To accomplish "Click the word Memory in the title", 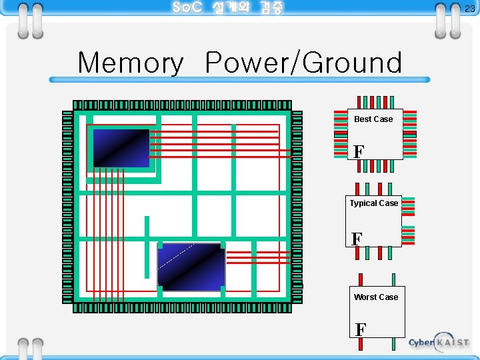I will pos(131,63).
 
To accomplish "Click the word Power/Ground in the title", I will pos(304,63).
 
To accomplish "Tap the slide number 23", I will pos(470,9).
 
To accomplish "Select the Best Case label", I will pos(373,119).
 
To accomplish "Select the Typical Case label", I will pos(374,203).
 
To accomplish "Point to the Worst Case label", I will pos(376,297).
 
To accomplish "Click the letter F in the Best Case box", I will pos(359,151).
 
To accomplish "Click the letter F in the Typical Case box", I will pos(357,239).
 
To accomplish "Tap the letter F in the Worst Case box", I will pos(361,329).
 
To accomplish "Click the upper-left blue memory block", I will pos(121,148).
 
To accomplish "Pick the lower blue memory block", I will pos(191,267).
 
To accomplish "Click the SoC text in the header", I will pos(187,8).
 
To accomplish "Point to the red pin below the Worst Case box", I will pos(361,344).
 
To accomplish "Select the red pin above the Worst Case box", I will pos(361,280).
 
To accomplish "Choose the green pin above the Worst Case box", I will pos(393,280).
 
